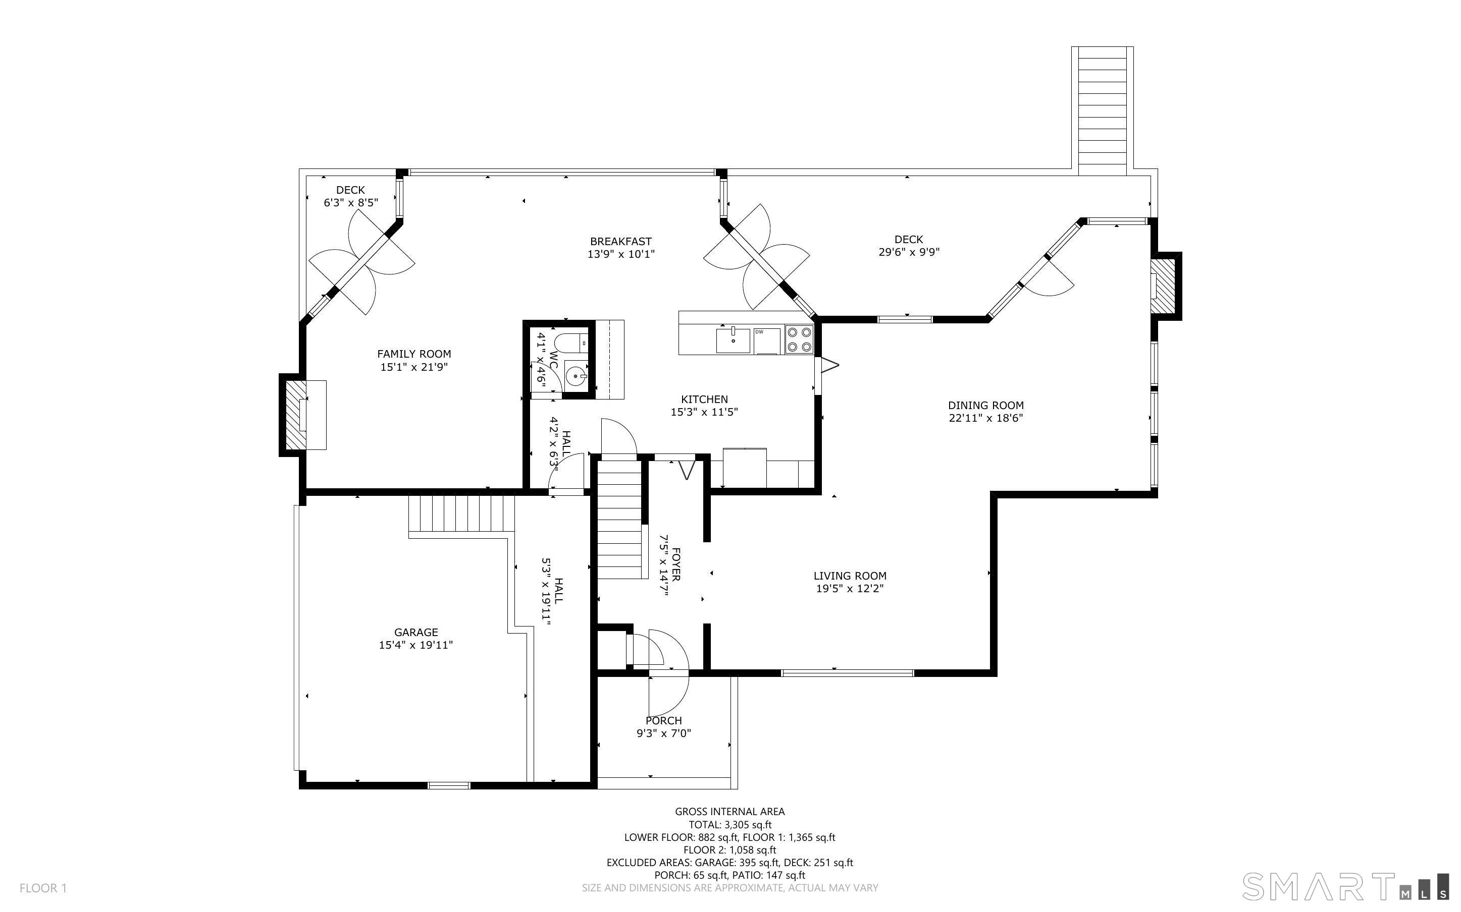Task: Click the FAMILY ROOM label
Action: [414, 354]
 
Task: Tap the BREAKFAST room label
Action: [620, 241]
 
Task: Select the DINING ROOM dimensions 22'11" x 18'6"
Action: [985, 418]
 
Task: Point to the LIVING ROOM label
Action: [850, 576]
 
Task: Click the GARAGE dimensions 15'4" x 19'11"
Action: [416, 645]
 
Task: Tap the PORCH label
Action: [663, 720]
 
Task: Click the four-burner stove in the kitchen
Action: [799, 339]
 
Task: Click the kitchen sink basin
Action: [733, 341]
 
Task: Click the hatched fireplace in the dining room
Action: [1164, 286]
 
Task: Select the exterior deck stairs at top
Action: [1102, 111]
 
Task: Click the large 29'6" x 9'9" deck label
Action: [908, 246]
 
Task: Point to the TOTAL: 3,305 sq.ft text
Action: [729, 825]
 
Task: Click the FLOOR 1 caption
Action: [43, 888]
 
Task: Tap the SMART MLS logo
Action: [1344, 887]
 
